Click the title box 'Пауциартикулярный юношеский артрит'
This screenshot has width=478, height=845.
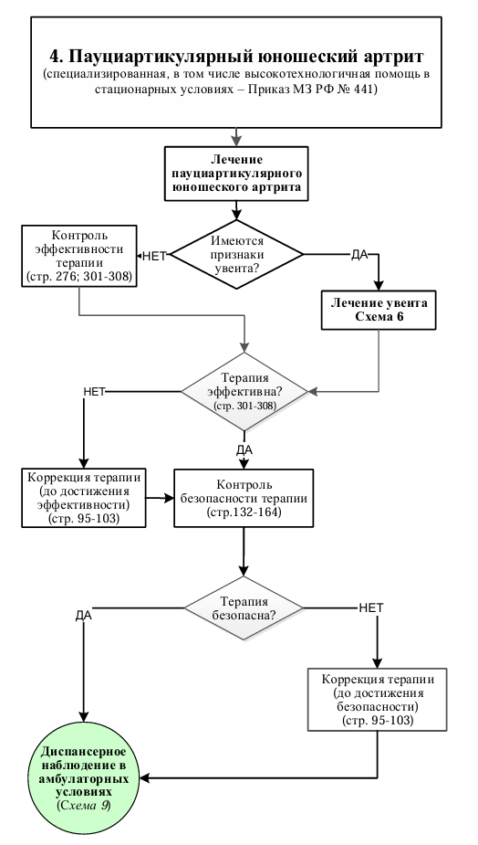(x=235, y=72)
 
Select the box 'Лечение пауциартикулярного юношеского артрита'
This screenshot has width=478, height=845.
(x=236, y=174)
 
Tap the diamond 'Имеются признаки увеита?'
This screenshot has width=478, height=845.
(x=237, y=254)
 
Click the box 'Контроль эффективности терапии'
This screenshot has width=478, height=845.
(x=79, y=256)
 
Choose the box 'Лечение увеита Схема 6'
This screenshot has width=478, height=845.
(x=379, y=310)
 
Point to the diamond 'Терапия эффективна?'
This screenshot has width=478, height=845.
(x=244, y=392)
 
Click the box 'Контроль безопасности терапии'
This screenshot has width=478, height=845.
(x=244, y=498)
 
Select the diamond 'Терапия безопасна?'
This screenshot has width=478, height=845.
(x=244, y=608)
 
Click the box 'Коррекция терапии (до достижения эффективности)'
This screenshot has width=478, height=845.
(x=84, y=498)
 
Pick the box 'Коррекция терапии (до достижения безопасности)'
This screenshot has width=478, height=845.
(x=377, y=700)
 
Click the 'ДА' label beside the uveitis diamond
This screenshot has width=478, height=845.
(x=359, y=255)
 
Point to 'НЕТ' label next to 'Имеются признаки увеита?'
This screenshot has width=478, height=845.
(x=154, y=257)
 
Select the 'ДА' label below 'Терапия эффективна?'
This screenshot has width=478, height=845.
(x=244, y=450)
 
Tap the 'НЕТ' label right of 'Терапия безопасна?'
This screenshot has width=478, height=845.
(x=371, y=607)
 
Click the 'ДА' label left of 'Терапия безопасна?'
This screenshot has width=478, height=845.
(x=83, y=616)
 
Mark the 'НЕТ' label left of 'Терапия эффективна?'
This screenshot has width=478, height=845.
(x=94, y=392)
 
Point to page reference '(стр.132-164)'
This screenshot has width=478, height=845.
(x=244, y=512)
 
